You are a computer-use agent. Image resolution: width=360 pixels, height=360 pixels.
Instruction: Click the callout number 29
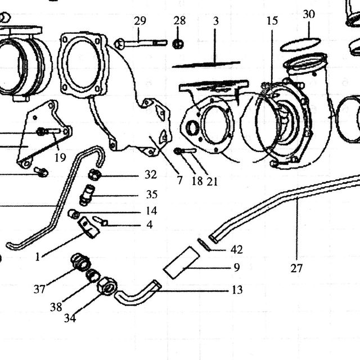point(140,21)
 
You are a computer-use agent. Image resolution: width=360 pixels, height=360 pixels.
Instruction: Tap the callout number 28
point(179,21)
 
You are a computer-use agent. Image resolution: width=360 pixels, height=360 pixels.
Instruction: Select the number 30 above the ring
point(309,14)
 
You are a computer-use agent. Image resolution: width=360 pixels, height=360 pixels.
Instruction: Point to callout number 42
point(236,249)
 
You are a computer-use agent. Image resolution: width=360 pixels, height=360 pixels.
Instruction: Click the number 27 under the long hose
point(296,268)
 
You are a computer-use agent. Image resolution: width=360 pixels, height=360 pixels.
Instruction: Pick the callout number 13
point(237,290)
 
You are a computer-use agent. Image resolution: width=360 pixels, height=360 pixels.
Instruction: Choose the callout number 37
point(39,289)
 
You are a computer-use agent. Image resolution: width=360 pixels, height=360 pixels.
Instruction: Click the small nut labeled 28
point(178,44)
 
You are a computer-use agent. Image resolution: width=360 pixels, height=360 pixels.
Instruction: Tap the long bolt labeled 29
point(141,43)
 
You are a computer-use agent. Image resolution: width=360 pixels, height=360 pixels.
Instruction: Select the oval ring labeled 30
point(300,44)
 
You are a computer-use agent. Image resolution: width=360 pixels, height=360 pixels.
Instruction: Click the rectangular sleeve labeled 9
point(181,263)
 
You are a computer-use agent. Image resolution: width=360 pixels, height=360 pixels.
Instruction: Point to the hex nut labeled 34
point(107,286)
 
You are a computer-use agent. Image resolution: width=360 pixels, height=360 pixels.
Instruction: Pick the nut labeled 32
point(94,175)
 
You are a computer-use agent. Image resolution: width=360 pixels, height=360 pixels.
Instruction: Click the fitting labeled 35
point(87,195)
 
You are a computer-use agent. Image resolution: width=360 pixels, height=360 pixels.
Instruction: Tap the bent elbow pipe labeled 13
point(138,293)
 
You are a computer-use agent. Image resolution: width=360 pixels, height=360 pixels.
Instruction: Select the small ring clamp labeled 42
point(204,245)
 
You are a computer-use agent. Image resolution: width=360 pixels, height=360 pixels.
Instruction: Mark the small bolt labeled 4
point(100,221)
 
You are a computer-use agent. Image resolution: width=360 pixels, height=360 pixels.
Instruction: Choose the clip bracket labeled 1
point(89,227)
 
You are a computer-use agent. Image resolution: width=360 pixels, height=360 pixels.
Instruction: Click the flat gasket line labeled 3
point(206,64)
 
